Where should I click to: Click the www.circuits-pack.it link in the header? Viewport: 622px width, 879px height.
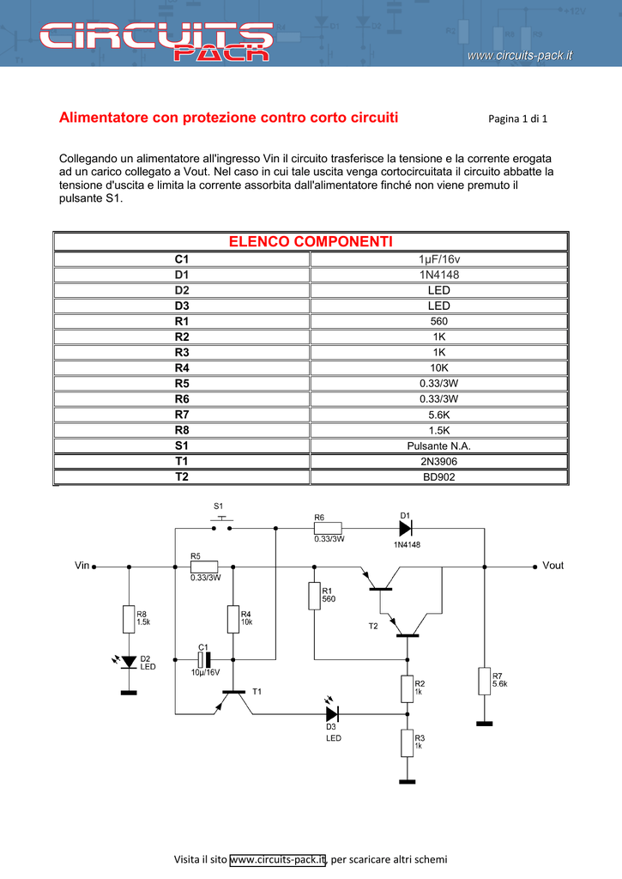(520, 56)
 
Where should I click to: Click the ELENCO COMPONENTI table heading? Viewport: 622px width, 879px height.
(311, 241)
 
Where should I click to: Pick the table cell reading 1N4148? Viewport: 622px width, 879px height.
(438, 275)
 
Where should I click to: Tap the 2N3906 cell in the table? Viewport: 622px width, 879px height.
(438, 461)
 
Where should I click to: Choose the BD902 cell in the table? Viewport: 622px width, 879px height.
(438, 476)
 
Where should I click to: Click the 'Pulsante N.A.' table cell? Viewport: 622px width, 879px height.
(438, 446)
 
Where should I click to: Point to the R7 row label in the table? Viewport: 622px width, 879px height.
(182, 415)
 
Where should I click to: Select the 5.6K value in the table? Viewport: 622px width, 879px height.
(438, 415)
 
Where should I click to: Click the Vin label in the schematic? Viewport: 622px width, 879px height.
(82, 567)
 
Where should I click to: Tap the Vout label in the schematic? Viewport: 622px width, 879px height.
(553, 567)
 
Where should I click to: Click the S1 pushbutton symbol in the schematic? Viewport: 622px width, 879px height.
(222, 524)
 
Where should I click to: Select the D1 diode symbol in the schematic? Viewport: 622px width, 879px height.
(406, 529)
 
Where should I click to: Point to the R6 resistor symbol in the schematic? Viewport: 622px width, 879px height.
(329, 529)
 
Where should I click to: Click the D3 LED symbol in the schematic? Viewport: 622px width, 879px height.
(332, 712)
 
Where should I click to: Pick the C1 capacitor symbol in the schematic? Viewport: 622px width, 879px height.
(203, 659)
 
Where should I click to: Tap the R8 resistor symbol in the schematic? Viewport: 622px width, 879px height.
(129, 618)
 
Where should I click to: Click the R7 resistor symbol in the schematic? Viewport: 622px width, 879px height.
(484, 681)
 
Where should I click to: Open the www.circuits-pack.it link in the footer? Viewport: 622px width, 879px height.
(278, 859)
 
